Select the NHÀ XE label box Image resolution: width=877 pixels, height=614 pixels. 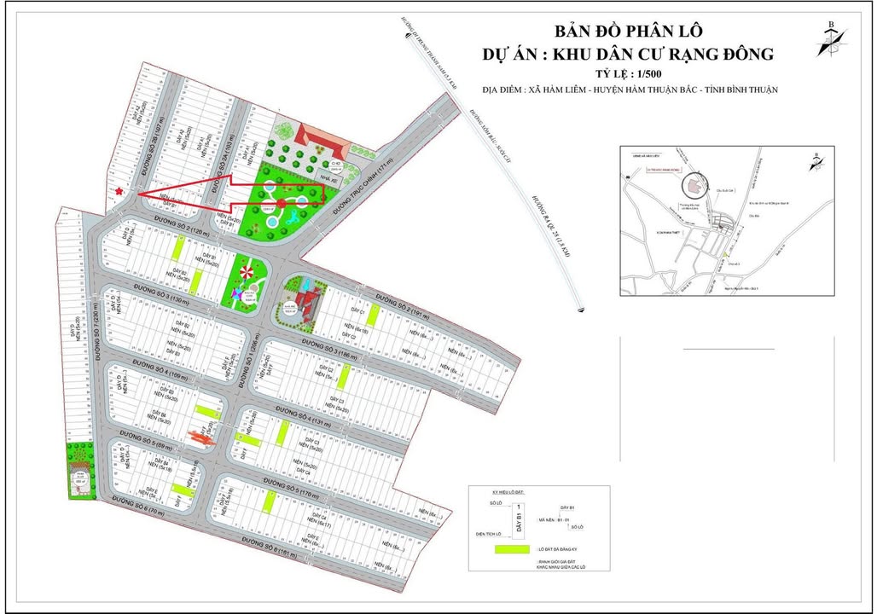pyautogui.click(x=328, y=179)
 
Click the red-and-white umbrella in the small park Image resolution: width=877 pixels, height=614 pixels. pyautogui.click(x=248, y=272)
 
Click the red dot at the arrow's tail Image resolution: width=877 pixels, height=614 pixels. pyautogui.click(x=282, y=203)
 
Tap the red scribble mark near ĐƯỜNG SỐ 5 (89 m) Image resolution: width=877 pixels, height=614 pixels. pyautogui.click(x=202, y=437)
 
